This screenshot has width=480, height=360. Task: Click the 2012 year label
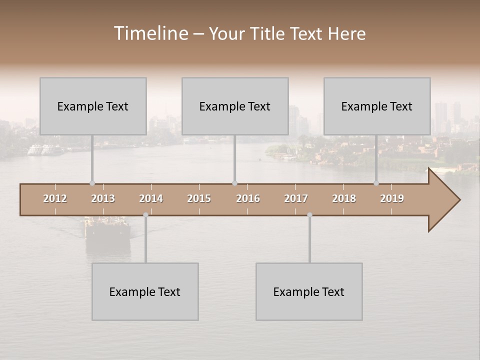tap(55, 198)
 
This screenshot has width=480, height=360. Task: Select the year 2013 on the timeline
tap(103, 198)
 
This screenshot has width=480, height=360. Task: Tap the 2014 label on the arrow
tap(151, 198)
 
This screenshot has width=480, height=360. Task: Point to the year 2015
tap(199, 198)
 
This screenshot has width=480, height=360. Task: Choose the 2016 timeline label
tap(248, 198)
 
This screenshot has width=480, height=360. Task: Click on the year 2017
tap(296, 198)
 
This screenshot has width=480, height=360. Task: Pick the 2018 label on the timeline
tap(344, 198)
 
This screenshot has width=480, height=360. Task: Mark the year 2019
tap(392, 198)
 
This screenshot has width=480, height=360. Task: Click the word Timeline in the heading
tap(150, 33)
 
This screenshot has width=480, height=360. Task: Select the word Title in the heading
tap(269, 34)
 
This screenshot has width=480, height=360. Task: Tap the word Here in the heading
tap(347, 34)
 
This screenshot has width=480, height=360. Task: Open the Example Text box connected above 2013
tap(93, 106)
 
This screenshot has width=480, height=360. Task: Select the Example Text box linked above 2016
tap(235, 106)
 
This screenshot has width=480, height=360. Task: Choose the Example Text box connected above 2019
tap(377, 106)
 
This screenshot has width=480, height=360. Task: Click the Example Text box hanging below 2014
tap(145, 291)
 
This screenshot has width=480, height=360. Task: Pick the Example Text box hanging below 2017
tap(309, 291)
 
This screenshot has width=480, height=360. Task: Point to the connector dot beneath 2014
tap(145, 215)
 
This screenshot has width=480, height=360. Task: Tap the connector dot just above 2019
tap(376, 183)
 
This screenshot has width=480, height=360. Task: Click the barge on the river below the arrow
tap(107, 230)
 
